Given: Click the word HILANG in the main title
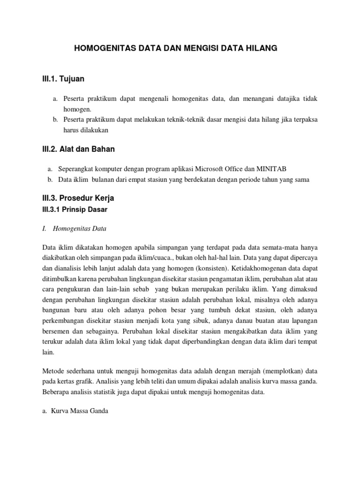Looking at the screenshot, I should pyautogui.click(x=261, y=48).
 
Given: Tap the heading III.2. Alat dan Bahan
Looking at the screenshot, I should pyautogui.click(x=77, y=150).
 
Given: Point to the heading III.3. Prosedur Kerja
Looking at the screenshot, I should pyautogui.click(x=78, y=198).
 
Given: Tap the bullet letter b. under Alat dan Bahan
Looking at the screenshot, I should pyautogui.click(x=50, y=180).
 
